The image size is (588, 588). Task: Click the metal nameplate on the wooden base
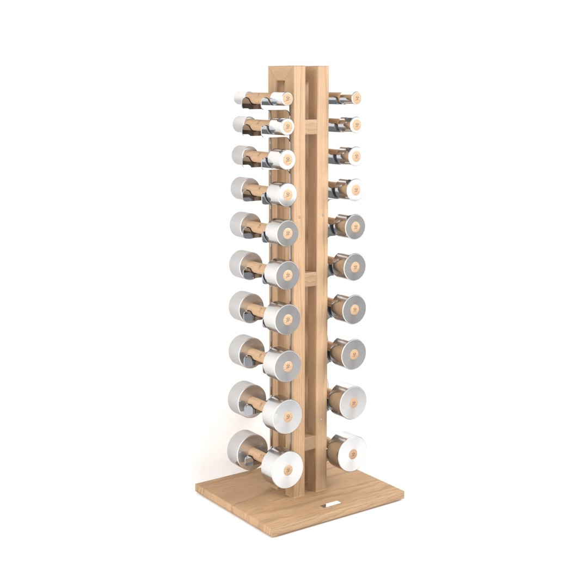coord(331,505)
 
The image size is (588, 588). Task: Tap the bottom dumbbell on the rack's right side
coord(347,451)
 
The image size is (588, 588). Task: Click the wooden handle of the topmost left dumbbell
coord(255,99)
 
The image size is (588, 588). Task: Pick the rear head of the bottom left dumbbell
coord(243,449)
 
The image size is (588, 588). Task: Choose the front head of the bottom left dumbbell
coord(282,468)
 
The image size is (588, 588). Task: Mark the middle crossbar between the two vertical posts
coord(310,279)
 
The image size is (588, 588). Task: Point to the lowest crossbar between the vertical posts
coord(310,441)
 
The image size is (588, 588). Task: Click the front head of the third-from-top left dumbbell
coord(282,159)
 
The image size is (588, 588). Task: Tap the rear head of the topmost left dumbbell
coord(242,98)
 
